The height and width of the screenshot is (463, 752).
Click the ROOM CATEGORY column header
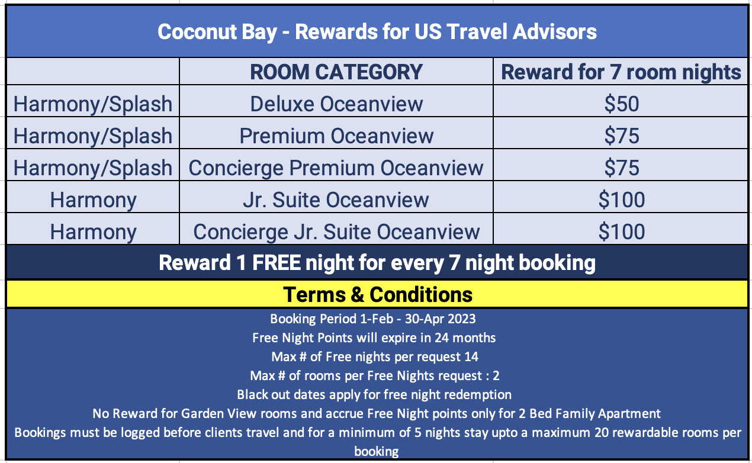pos(336,72)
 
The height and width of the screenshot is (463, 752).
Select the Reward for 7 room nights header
pos(621,72)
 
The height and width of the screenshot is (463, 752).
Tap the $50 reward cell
pos(622,104)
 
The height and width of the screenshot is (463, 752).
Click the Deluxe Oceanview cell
pos(336,104)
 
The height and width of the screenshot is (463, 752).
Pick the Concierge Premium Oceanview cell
pos(336,168)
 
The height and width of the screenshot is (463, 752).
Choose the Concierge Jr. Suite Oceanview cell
pos(336,231)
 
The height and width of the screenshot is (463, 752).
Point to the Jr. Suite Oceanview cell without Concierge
pos(336,200)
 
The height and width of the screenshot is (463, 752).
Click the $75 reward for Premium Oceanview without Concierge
pos(622,136)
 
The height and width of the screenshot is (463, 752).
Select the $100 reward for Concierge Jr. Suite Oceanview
pos(622,231)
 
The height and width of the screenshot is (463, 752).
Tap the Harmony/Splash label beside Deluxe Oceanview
pos(93,104)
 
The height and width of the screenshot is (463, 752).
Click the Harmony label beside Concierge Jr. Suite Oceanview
pos(94,232)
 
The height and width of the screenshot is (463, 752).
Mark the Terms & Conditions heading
pos(378,294)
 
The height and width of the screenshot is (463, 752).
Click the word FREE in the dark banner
pos(277,262)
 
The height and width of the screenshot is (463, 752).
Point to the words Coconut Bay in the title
pos(217,32)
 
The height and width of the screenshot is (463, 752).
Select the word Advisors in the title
pos(555,31)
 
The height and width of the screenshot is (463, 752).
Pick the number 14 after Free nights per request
pos(471,356)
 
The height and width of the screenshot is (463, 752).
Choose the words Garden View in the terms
pos(218,414)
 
